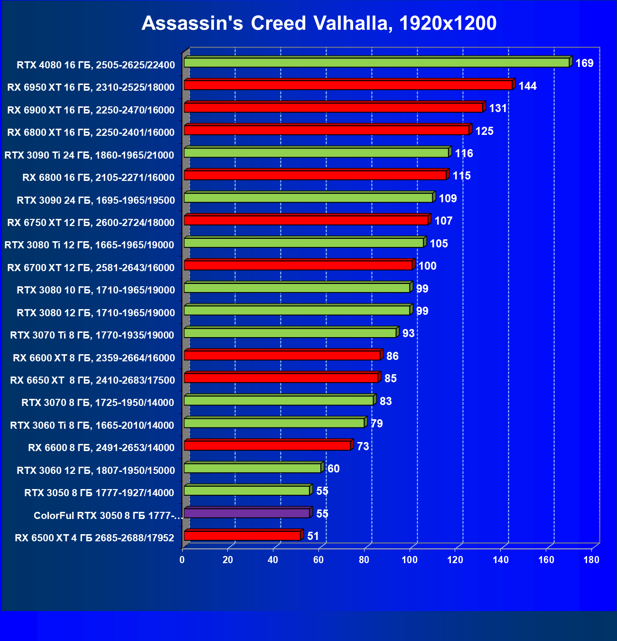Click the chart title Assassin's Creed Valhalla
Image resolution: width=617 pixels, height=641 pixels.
click(x=319, y=23)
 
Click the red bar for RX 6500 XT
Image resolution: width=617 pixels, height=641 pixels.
click(x=242, y=536)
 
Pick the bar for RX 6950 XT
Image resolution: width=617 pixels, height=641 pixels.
click(x=348, y=85)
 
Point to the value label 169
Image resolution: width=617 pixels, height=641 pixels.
click(x=584, y=63)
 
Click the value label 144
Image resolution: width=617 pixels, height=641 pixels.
click(x=527, y=86)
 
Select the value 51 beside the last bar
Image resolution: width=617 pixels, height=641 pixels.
click(x=313, y=536)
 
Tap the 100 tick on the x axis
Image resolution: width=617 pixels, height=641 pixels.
click(x=410, y=560)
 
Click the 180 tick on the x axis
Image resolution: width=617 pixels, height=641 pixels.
click(x=591, y=560)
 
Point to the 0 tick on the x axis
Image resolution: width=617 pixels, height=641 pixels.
click(x=182, y=560)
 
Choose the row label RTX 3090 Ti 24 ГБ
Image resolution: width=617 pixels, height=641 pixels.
click(x=89, y=155)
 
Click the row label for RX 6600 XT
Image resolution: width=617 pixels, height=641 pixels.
click(x=94, y=358)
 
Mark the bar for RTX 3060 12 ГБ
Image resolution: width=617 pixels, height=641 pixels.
click(x=252, y=468)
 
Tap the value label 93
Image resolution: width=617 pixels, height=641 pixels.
click(x=408, y=333)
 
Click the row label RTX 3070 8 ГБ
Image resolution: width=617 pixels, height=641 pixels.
click(x=98, y=403)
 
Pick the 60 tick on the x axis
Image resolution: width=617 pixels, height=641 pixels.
click(x=318, y=560)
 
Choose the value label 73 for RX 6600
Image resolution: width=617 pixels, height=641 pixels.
click(x=363, y=446)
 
